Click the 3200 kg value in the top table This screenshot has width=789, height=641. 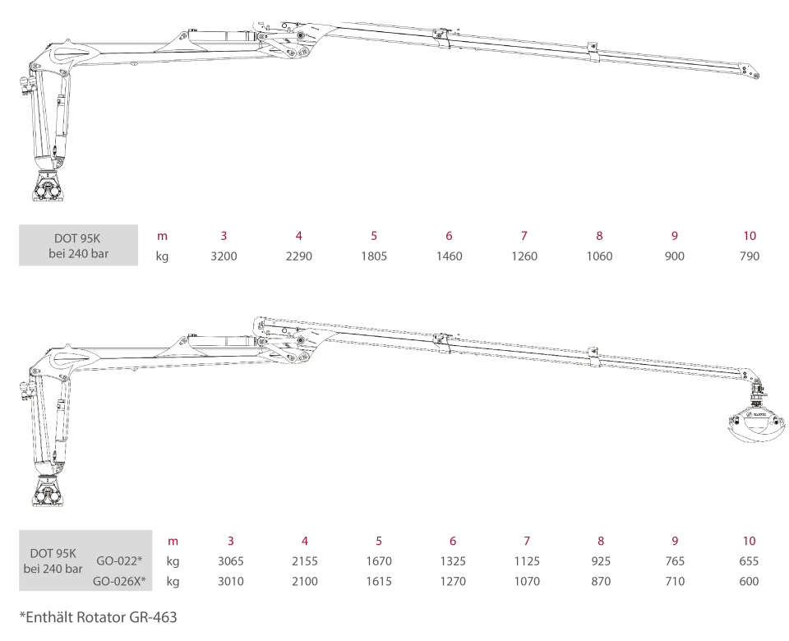pyautogui.click(x=224, y=256)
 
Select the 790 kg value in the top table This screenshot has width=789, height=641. pyautogui.click(x=750, y=256)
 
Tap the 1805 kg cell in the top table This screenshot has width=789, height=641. pyautogui.click(x=374, y=256)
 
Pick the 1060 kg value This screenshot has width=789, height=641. pyautogui.click(x=599, y=256)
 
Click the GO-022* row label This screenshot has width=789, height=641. pyautogui.click(x=119, y=560)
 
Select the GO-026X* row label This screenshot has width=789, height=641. pyautogui.click(x=119, y=581)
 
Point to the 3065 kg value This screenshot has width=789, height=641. pyautogui.click(x=230, y=561)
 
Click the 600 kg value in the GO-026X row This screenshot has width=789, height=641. pyautogui.click(x=749, y=581)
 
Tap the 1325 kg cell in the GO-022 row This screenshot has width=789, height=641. pyautogui.click(x=453, y=561)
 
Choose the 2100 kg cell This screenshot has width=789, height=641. pyautogui.click(x=305, y=581)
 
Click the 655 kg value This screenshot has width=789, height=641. pyautogui.click(x=749, y=561)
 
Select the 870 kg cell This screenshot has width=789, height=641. pyautogui.click(x=601, y=581)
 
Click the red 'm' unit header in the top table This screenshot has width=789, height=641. pyautogui.click(x=162, y=236)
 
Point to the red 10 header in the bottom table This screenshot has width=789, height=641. pyautogui.click(x=750, y=541)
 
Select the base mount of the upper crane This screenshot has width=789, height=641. pyautogui.click(x=48, y=187)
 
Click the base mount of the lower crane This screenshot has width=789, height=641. pyautogui.click(x=48, y=491)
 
